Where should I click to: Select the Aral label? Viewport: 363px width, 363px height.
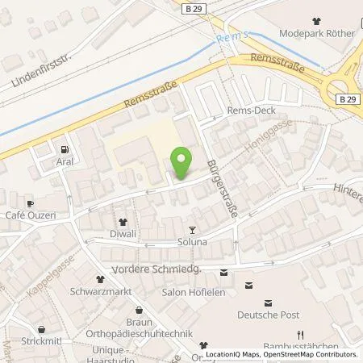(x=65, y=161)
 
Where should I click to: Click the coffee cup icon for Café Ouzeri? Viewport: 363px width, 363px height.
(x=30, y=203)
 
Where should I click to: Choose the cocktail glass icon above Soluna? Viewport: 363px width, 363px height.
(x=191, y=230)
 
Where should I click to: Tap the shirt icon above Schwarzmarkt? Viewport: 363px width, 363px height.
(x=101, y=278)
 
